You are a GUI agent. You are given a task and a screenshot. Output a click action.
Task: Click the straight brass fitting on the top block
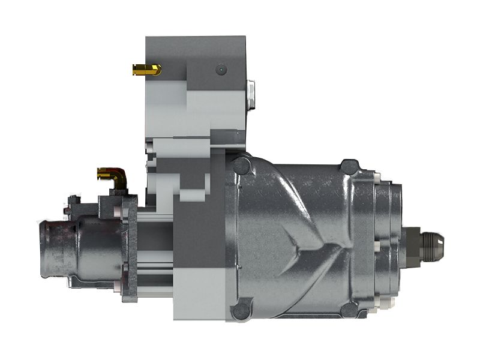(146, 70)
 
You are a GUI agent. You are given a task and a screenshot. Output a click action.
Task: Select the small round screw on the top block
(221, 70)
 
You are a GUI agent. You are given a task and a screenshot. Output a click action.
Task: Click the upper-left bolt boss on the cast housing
(242, 166)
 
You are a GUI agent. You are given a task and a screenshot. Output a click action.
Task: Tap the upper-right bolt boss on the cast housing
(349, 166)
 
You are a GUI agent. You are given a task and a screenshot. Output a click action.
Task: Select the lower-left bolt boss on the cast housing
(241, 311)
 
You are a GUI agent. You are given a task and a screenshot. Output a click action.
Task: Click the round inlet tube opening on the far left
(49, 248)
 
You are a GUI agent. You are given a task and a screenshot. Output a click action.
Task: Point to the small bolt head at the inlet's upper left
(73, 200)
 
